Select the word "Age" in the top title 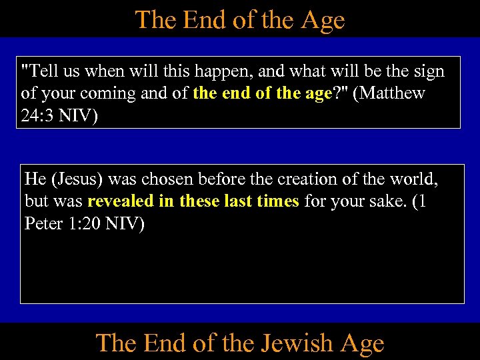[323, 19]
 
